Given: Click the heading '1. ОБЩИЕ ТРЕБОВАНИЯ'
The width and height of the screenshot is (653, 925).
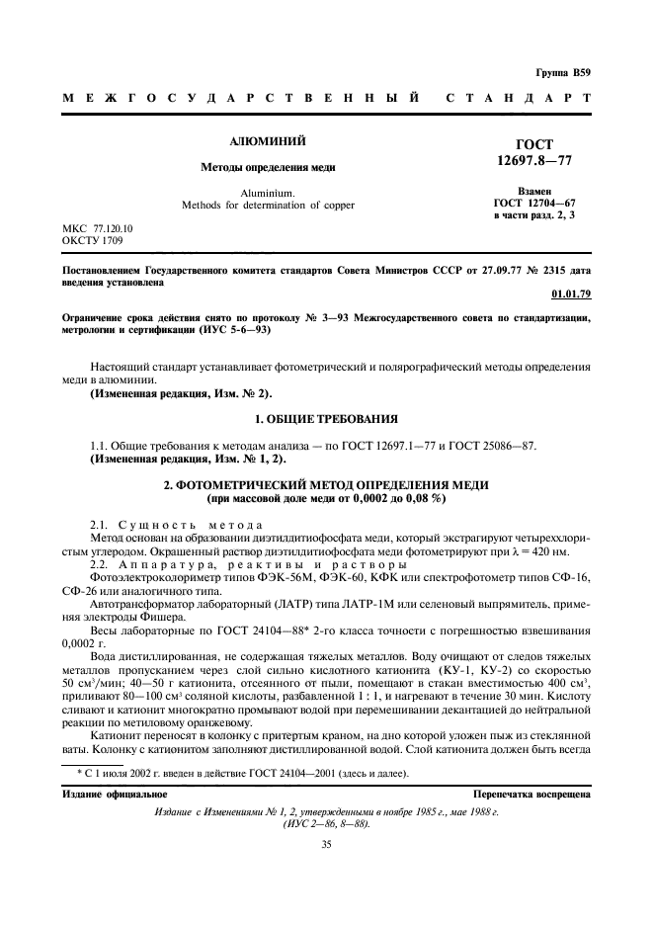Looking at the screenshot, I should click(x=326, y=419).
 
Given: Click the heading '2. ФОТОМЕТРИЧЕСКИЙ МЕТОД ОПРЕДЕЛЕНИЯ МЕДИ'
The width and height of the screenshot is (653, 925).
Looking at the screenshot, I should click(x=326, y=487).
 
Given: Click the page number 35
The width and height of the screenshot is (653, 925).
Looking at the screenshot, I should click(x=326, y=844).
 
